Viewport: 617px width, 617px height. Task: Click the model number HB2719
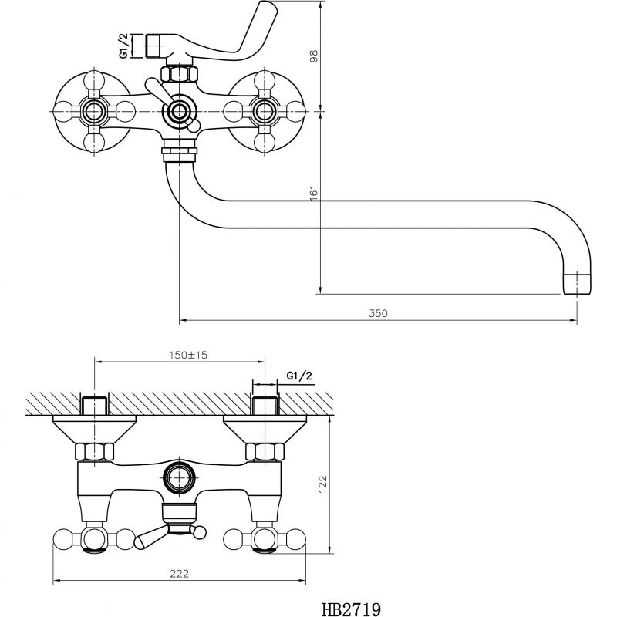(351, 609)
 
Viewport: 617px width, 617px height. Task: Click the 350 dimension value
(378, 313)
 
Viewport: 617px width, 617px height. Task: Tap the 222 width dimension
(179, 573)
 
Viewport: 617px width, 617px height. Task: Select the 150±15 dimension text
(188, 355)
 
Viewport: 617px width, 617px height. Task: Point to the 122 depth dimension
(323, 484)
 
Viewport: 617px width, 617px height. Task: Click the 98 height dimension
(314, 56)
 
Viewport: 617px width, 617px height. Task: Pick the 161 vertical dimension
(314, 193)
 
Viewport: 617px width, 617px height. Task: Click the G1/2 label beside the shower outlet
(124, 46)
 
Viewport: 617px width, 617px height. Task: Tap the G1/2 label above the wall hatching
(299, 376)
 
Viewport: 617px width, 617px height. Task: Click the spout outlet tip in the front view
(577, 283)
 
